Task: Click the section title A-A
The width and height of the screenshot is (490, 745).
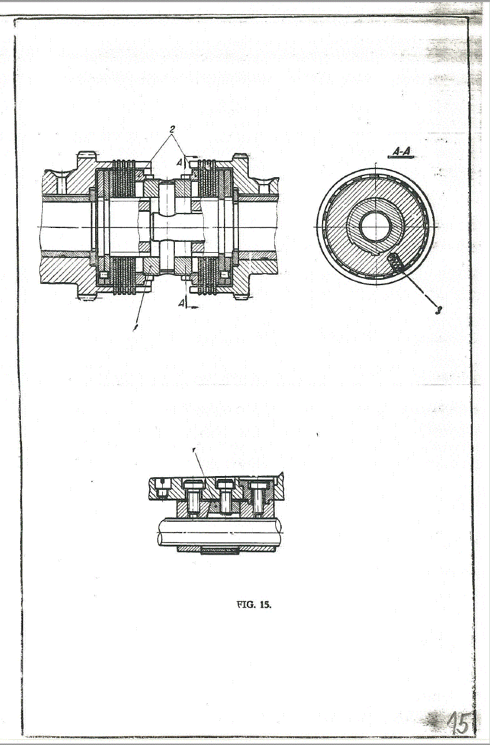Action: coord(401,152)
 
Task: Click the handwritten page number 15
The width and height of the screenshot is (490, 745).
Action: coord(459,722)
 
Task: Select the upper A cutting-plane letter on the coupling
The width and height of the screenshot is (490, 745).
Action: coord(181,163)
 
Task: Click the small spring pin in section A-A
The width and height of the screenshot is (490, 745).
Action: coord(395,262)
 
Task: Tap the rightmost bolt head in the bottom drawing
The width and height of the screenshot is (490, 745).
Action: coord(257,486)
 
